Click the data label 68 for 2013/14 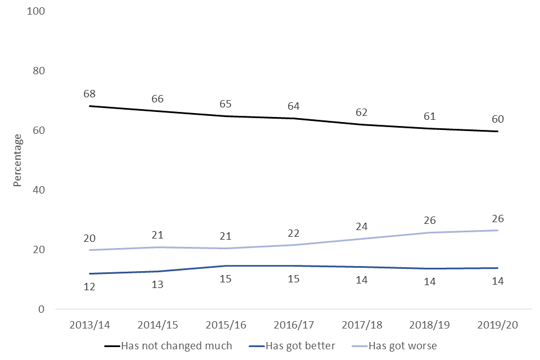89,93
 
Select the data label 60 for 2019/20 497,119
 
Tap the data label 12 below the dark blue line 89,286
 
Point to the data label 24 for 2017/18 362,226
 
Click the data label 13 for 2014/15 157,285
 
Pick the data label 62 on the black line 362,112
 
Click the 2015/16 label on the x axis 226,326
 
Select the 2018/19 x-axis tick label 430,326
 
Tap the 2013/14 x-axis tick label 89,326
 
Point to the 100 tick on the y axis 37,11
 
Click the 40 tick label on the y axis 39,190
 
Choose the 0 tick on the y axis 42,309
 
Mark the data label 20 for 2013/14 89,238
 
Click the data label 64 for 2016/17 294,106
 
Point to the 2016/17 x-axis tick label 294,326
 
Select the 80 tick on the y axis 39,71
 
